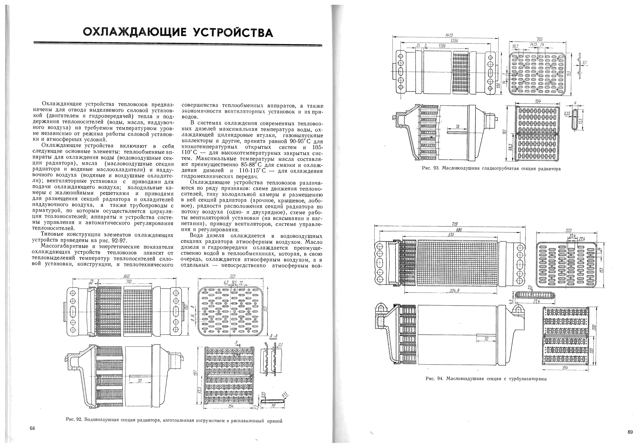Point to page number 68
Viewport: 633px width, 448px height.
[x=32, y=428]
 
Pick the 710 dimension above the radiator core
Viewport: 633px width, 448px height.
[x=129, y=282]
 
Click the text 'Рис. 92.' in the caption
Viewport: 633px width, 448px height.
[x=74, y=420]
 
